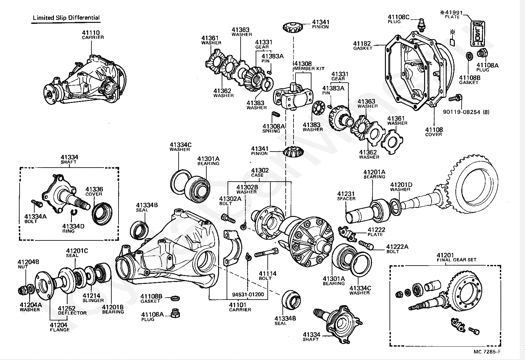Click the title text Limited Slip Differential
tap(66, 18)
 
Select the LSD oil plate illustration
tap(477, 34)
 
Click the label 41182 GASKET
tap(362, 45)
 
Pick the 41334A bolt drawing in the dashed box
tap(36, 203)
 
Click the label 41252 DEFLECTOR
tap(72, 310)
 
